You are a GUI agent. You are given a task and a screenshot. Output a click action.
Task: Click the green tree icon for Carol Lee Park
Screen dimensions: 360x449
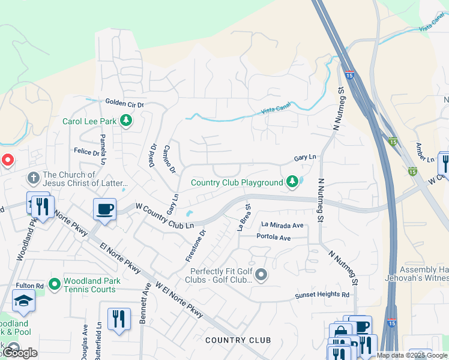[x=126, y=121]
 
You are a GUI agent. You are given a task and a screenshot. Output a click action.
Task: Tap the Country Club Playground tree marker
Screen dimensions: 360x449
[x=292, y=181]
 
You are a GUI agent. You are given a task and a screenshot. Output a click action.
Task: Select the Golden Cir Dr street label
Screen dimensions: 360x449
[x=125, y=104]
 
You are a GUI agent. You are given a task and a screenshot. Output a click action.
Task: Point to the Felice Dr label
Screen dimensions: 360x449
[x=87, y=153]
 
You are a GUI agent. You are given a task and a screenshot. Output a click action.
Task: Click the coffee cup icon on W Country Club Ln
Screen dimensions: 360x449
[x=104, y=209]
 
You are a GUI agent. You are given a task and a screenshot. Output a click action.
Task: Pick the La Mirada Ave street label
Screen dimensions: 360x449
[x=282, y=225]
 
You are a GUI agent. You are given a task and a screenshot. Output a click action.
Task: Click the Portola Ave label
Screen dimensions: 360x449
[x=273, y=238]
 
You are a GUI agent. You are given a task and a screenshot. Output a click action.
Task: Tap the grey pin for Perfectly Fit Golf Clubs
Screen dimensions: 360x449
[x=261, y=275]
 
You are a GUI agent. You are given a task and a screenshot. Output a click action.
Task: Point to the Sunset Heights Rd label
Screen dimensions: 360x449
[x=322, y=295]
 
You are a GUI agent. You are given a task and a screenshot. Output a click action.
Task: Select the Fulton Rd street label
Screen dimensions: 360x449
[x=29, y=286]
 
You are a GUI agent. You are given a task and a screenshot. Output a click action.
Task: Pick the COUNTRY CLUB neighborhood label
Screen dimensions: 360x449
[x=238, y=340]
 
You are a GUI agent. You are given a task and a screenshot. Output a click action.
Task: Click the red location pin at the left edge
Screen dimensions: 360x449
[x=8, y=160]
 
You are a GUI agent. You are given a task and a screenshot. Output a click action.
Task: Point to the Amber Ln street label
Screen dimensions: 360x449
[x=425, y=152]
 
